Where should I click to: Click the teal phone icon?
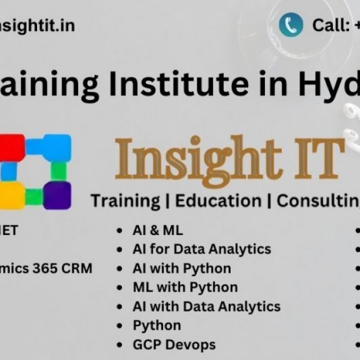click(291, 25)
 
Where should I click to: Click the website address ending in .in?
click(37, 25)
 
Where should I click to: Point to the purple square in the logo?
click(57, 195)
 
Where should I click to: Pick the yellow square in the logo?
click(11, 195)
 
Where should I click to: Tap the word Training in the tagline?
click(125, 200)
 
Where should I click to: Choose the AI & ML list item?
click(157, 230)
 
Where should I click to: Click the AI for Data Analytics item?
click(201, 249)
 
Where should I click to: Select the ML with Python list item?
click(185, 287)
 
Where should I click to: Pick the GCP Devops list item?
click(174, 344)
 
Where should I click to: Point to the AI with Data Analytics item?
click(206, 306)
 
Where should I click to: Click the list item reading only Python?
click(157, 325)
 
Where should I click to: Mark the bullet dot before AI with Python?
click(120, 269)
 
